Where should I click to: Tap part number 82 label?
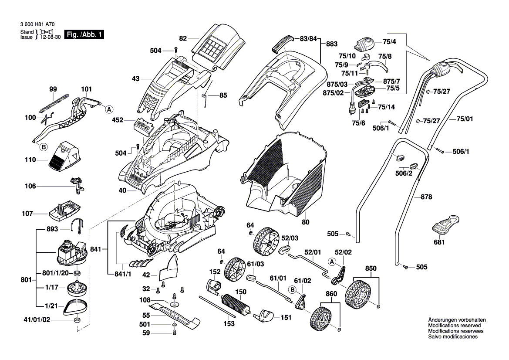coord(183,39)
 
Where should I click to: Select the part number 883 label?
coord(332,44)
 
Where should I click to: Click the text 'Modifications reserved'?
coord(455,326)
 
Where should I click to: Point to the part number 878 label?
coord(426,197)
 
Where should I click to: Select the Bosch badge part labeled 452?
coord(142,125)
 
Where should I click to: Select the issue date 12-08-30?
coord(51,37)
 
